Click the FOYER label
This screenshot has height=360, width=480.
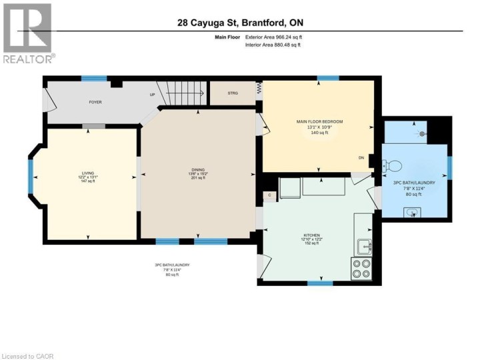pos(95,103)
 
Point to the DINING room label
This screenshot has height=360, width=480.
pos(197,169)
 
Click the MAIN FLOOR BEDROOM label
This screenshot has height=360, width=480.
pos(319,121)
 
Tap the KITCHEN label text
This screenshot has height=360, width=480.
pos(312,235)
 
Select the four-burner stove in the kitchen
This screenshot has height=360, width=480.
pos(361,268)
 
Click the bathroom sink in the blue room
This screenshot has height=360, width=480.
pos(412,213)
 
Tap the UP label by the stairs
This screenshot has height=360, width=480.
pos(152,95)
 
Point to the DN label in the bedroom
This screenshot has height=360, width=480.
pos(361,158)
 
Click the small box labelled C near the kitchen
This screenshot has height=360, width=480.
pos(270,195)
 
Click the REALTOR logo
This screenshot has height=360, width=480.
pos(27,33)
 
